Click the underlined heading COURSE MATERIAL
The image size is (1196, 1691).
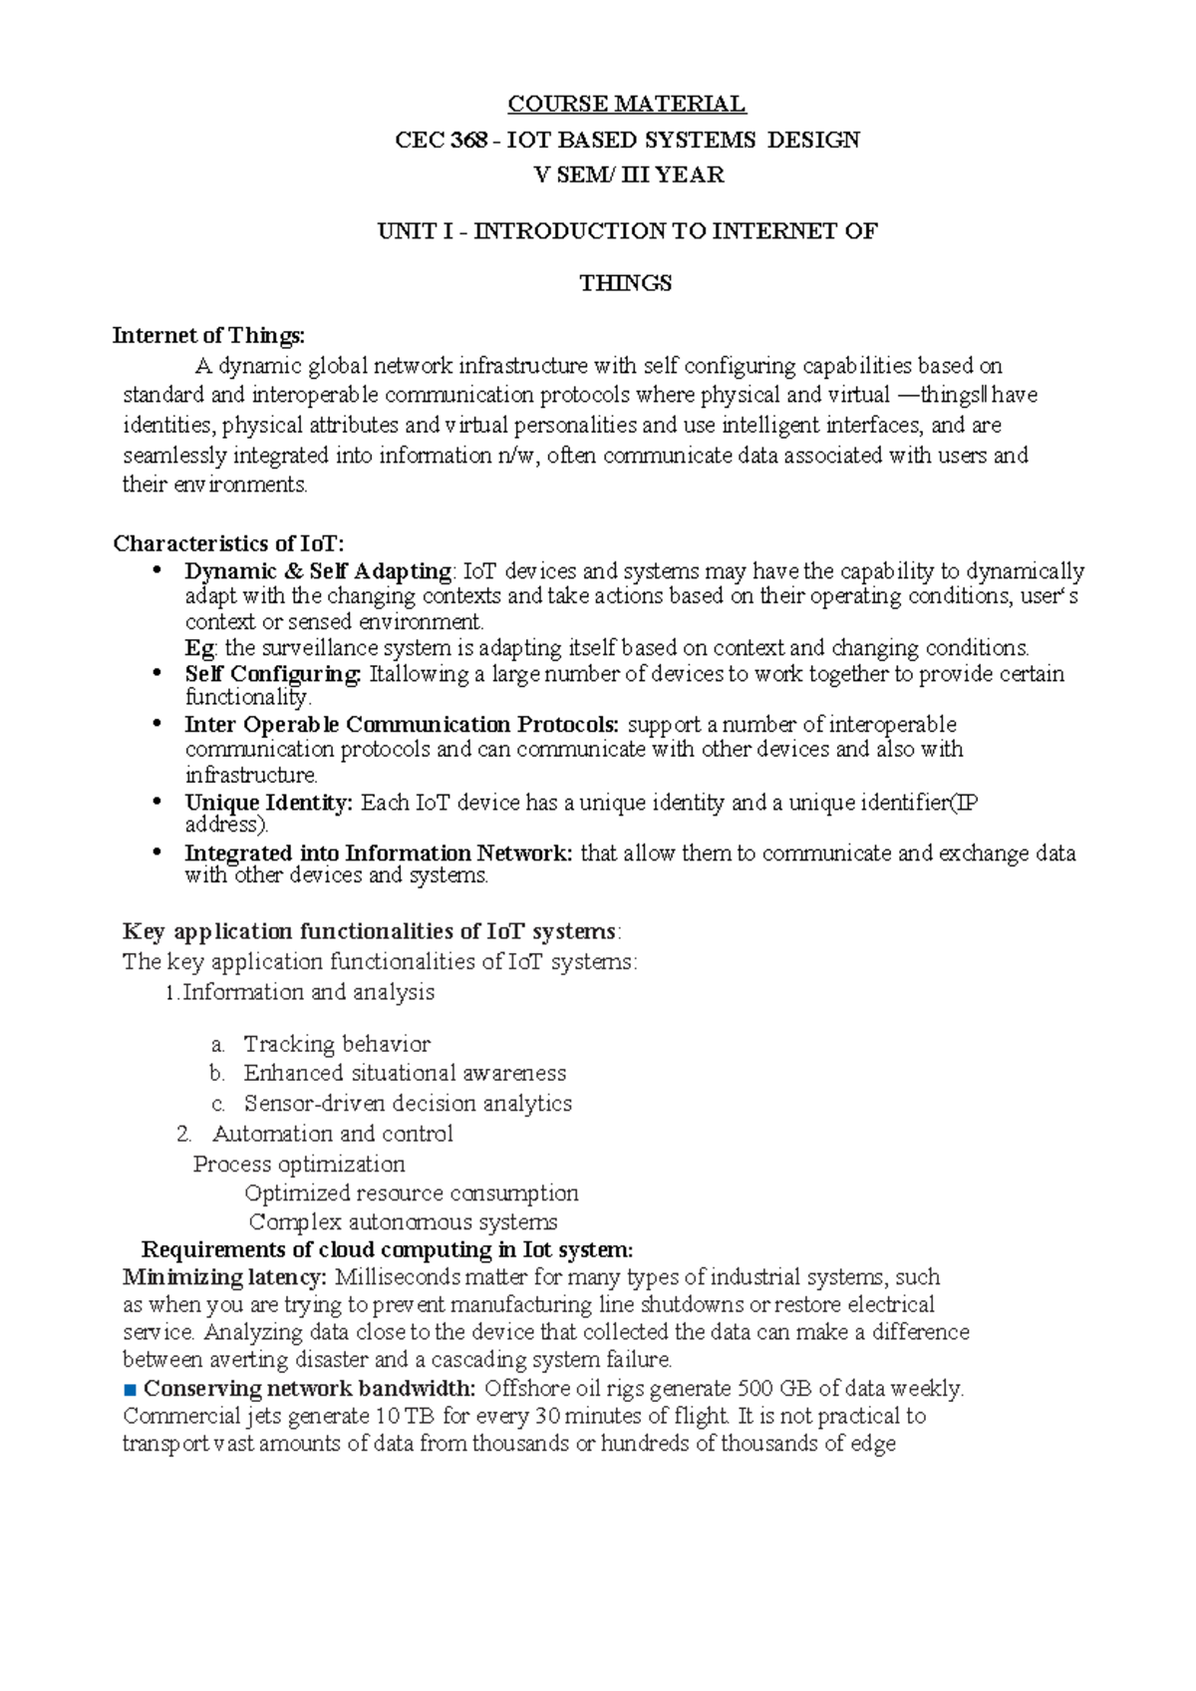(x=626, y=104)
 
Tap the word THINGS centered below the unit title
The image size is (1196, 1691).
(x=626, y=283)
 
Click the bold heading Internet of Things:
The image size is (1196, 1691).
(x=209, y=335)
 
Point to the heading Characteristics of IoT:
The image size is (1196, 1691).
(x=228, y=543)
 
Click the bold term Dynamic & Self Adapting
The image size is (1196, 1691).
(x=318, y=571)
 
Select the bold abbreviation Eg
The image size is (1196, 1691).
(x=199, y=648)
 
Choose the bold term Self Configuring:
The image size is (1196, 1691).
(x=273, y=674)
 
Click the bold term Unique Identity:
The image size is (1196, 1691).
(x=269, y=803)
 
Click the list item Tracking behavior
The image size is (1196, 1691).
(x=337, y=1044)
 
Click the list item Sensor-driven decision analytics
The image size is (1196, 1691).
(x=408, y=1104)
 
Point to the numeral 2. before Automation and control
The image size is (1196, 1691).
(x=183, y=1134)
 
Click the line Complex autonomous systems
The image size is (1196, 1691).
(x=403, y=1222)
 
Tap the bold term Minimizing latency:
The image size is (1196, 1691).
(x=223, y=1277)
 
